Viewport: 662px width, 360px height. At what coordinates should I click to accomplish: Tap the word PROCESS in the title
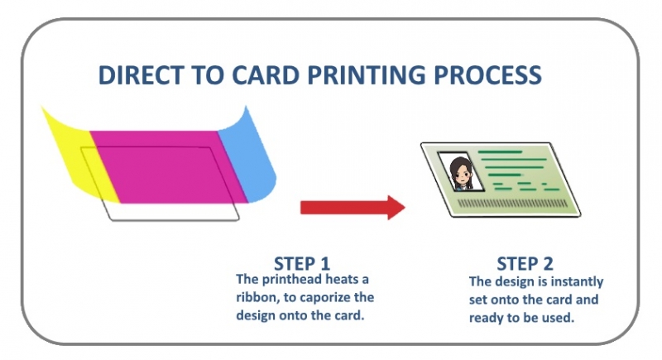pyautogui.click(x=493, y=75)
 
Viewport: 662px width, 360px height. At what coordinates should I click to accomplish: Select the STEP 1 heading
pyautogui.click(x=301, y=264)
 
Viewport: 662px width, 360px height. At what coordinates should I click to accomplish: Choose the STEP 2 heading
pyautogui.click(x=525, y=264)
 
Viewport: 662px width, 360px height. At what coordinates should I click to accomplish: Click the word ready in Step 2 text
pyautogui.click(x=490, y=317)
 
